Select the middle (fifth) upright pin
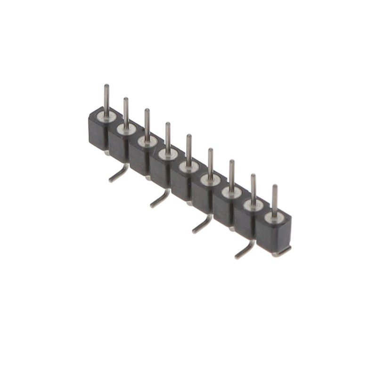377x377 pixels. [189, 148]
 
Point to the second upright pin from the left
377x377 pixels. [126, 111]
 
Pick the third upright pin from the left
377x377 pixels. [147, 123]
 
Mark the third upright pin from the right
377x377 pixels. [232, 173]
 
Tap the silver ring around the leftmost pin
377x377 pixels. [106, 115]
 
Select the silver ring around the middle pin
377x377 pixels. [188, 166]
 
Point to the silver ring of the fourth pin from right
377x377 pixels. [209, 179]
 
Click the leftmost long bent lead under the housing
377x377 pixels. [119, 174]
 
